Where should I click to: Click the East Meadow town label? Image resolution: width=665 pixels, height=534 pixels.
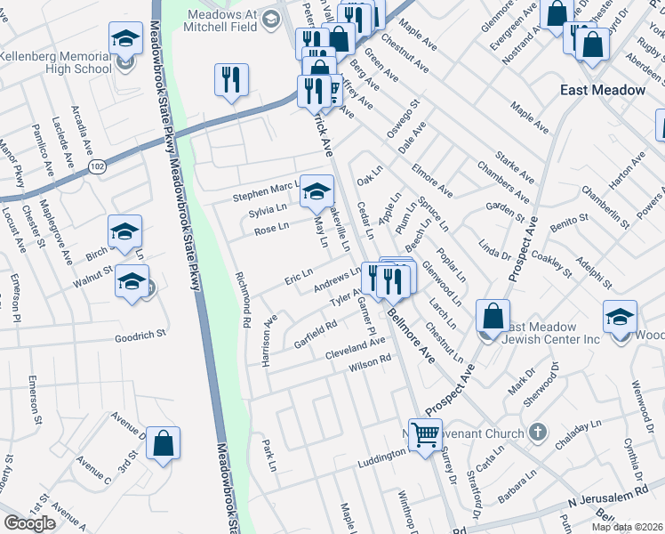[x=602, y=90]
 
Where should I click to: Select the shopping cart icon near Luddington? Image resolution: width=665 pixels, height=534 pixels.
[x=426, y=433]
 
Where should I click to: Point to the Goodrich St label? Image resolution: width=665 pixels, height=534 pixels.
[x=140, y=337]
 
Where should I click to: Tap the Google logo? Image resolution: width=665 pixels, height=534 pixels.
[x=29, y=522]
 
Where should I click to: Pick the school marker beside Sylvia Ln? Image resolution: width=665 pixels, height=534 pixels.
[x=316, y=190]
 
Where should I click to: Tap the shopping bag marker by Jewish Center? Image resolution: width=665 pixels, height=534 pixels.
[x=492, y=316]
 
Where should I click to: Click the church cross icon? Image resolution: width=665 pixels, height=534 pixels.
[x=536, y=433]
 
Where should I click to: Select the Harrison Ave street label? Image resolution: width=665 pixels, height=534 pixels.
[x=269, y=339]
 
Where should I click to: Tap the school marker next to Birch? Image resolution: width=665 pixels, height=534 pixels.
[x=124, y=231]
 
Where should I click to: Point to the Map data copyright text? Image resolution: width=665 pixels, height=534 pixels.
[x=629, y=526]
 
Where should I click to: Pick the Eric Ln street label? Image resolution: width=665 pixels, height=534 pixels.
[x=298, y=278]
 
